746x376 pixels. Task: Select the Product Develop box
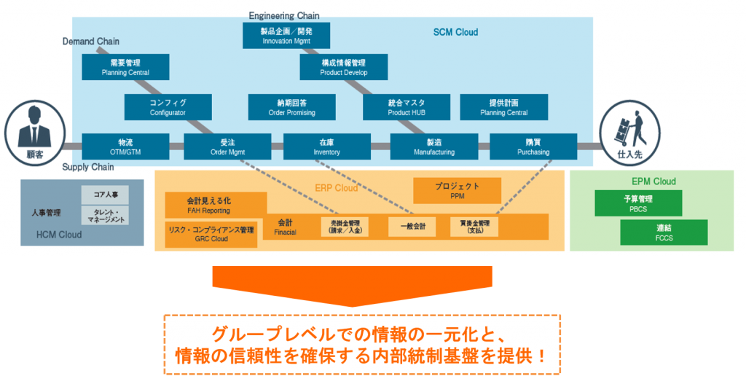(x=344, y=68)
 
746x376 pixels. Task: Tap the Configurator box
(x=168, y=108)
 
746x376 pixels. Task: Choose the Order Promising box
(x=291, y=108)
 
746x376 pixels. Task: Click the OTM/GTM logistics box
(x=125, y=146)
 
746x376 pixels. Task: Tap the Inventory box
(x=326, y=146)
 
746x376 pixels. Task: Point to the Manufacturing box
(x=433, y=146)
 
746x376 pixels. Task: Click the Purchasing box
(x=533, y=146)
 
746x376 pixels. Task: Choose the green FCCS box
(x=664, y=232)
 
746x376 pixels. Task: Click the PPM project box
(x=457, y=190)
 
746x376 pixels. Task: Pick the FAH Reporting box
(x=208, y=205)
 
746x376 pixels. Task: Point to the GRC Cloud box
(x=211, y=234)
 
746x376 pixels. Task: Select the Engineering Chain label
(x=284, y=15)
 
